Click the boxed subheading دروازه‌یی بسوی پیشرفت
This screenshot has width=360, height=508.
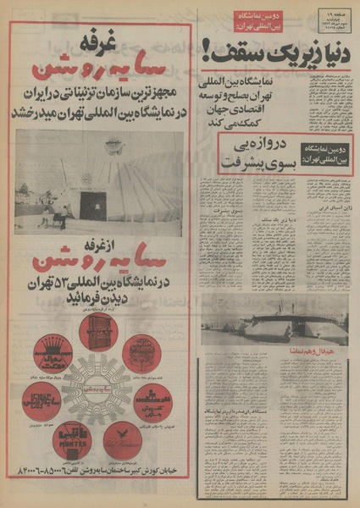tap(285, 152)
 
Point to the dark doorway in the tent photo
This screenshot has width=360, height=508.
tap(92, 205)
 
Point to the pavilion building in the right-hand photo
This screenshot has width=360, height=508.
tap(275, 321)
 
